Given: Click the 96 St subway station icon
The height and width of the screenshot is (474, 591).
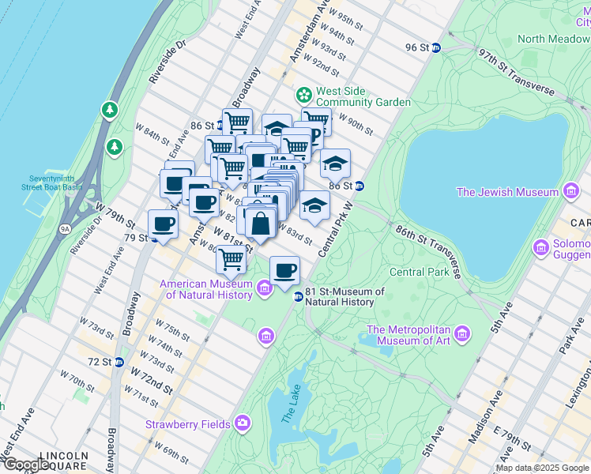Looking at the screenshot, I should (x=435, y=47).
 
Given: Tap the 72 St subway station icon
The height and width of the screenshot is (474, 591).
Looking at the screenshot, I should (x=119, y=362).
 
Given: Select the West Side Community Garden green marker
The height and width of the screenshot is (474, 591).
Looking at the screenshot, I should (x=303, y=96).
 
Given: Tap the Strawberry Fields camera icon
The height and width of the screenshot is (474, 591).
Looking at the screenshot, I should (x=243, y=424).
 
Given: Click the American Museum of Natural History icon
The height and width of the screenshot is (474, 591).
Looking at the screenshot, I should (x=265, y=290).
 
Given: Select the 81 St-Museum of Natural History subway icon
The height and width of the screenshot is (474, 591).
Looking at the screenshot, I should (x=298, y=296).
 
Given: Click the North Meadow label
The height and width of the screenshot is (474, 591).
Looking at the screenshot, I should (x=553, y=39).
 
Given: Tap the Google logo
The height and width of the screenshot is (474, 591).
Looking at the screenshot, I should (x=25, y=465).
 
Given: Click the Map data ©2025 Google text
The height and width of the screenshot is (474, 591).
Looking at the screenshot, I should (x=542, y=468).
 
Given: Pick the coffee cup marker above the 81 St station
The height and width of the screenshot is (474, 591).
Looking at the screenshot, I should (x=284, y=271).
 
